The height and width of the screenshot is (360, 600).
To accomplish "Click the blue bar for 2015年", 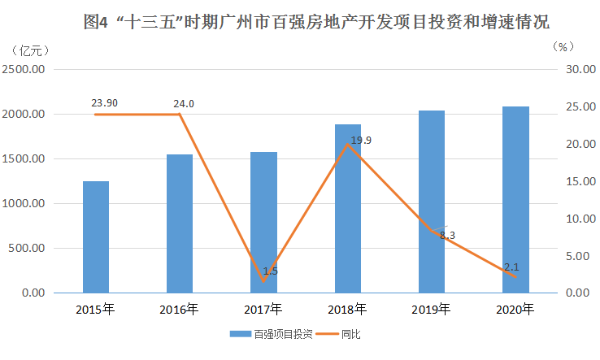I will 96,236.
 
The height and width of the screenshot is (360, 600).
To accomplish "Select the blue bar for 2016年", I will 180,223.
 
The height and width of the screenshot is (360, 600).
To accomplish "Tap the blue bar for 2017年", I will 263,222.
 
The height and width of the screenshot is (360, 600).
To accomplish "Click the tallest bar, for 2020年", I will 515,199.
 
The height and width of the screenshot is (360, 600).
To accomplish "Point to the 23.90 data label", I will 103,103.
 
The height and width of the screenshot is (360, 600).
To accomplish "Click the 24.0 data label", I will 184,103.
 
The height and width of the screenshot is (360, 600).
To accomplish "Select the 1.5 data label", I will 271,271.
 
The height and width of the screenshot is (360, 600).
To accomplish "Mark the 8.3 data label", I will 447,235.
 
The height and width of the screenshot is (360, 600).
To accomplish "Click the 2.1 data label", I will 512,266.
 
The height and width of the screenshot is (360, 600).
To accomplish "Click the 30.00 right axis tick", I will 577,70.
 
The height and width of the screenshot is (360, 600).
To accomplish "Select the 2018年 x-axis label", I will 347,310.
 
